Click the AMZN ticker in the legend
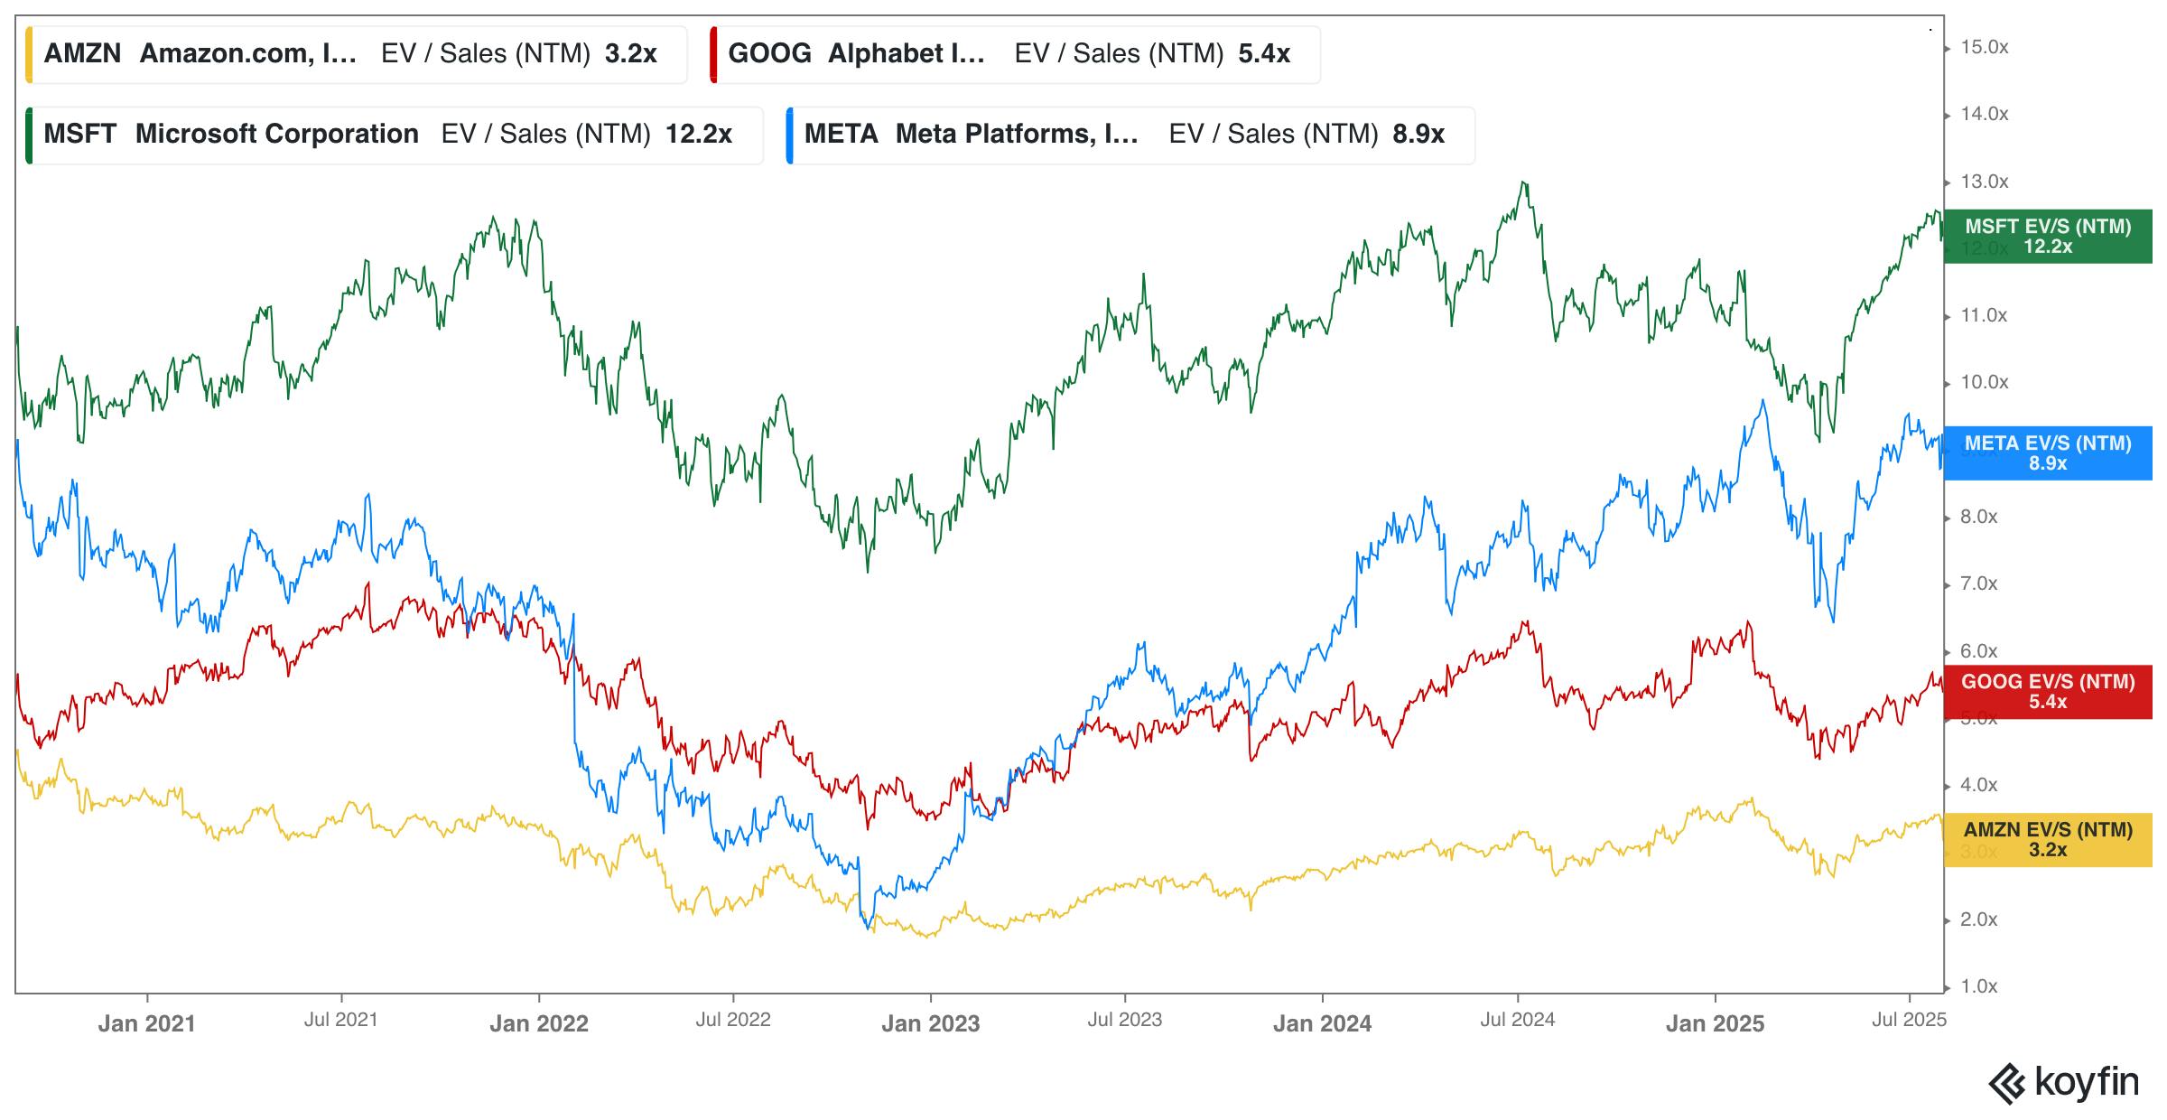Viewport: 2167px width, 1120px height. pos(82,54)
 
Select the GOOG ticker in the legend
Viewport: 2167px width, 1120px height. pos(769,54)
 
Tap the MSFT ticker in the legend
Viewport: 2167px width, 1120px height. pos(80,135)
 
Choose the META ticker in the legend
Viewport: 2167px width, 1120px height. pos(841,135)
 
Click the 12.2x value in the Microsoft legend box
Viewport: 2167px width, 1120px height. pos(698,135)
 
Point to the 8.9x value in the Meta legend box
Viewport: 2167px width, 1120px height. pos(1418,135)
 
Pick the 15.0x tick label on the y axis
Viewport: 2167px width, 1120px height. pos(1985,48)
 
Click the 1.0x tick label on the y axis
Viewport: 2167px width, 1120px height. pos(1979,986)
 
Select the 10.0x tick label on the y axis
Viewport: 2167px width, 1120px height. pos(1985,383)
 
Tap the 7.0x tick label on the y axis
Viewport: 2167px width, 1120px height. pos(1979,584)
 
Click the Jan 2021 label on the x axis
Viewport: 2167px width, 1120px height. pos(146,1023)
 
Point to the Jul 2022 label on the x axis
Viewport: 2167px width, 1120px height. pos(732,1020)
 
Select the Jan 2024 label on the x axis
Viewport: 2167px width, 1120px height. pos(1322,1023)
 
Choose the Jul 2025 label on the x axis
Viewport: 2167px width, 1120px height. pos(1909,1020)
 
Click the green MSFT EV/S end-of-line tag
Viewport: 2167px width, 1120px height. pos(2048,237)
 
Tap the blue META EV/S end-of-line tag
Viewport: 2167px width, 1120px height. pos(2048,453)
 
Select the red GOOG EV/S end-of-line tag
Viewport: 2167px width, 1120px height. pos(2048,692)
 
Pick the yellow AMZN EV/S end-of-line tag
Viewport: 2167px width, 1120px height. pos(2048,840)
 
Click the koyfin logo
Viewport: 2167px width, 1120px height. pos(2064,1083)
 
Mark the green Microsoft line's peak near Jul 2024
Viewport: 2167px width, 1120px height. pos(1524,182)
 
